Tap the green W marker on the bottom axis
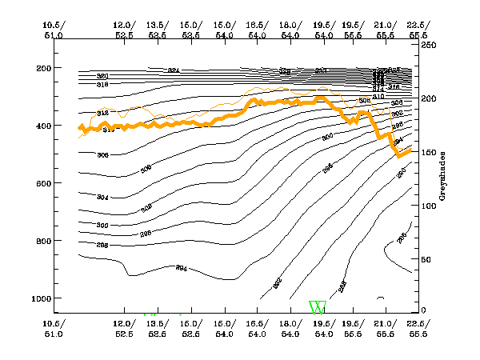(318, 307)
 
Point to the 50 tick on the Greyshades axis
(428, 259)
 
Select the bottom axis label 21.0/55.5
(385, 327)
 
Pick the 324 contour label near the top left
(173, 70)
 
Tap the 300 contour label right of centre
(326, 138)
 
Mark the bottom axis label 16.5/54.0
(258, 327)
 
